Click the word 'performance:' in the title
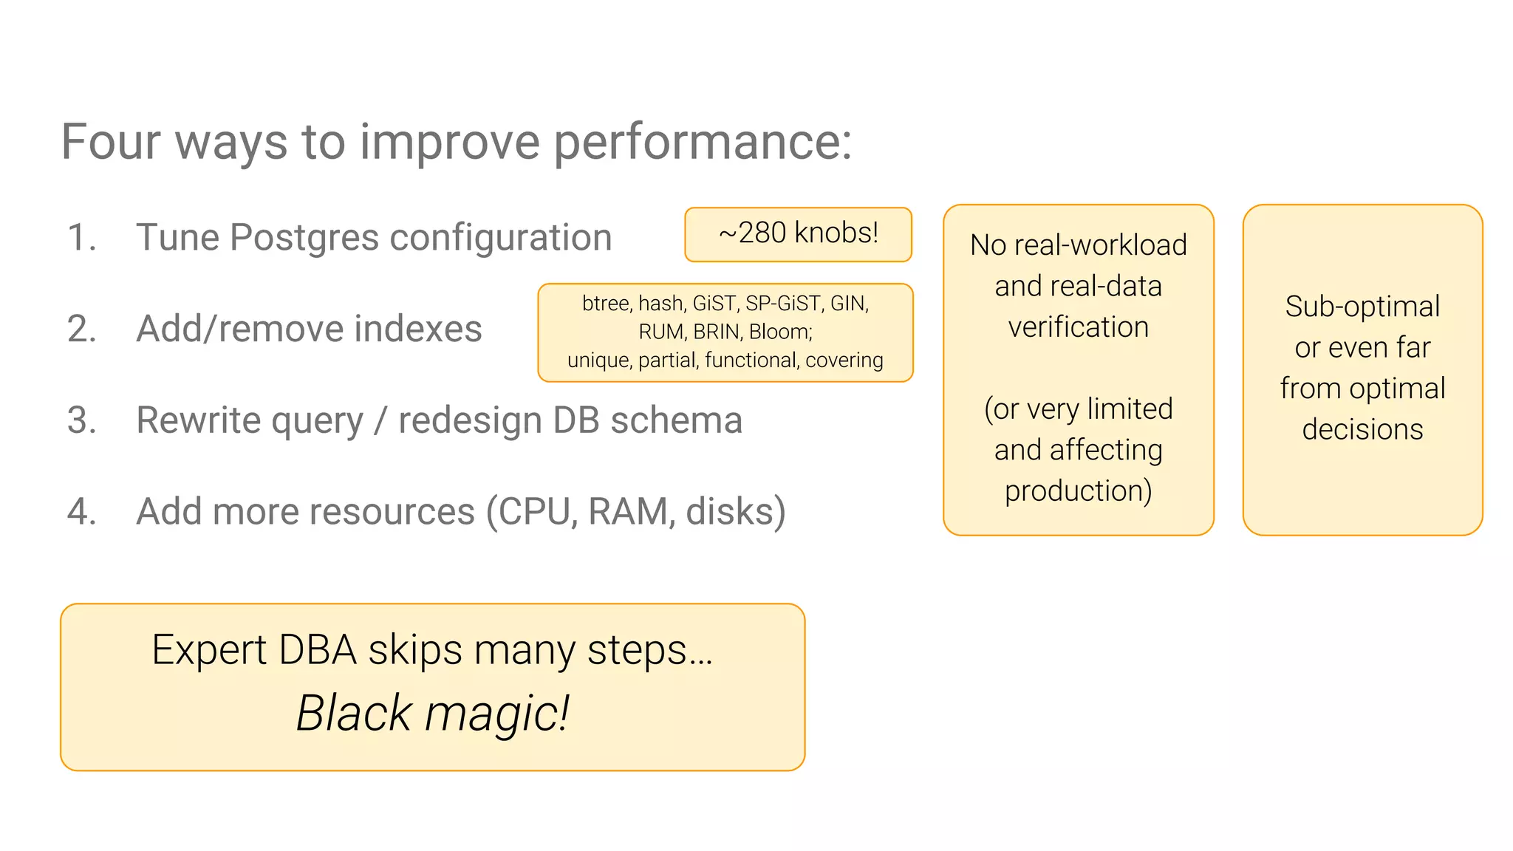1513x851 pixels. (702, 142)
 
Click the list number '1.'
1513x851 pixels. (82, 238)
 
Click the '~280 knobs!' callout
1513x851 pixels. (798, 233)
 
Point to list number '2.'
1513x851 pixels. (82, 329)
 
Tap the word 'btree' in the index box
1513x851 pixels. (606, 304)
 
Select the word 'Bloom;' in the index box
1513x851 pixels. (780, 332)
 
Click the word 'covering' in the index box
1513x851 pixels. (844, 360)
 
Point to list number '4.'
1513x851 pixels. (82, 511)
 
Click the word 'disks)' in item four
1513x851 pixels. (735, 511)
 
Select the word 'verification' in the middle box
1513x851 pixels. (1078, 327)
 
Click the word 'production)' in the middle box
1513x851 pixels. (1078, 491)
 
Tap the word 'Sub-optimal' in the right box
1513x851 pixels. (1362, 307)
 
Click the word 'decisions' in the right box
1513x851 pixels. (1362, 429)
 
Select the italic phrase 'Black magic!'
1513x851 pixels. (432, 714)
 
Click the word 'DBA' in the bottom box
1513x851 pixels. (318, 651)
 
